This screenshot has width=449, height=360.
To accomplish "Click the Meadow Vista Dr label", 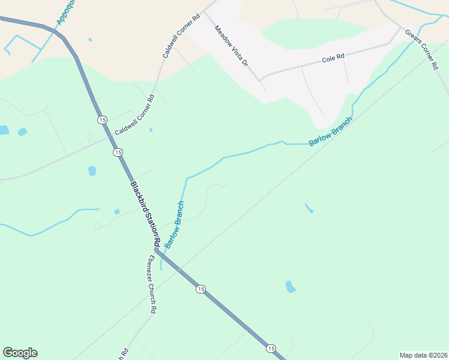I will [231, 45].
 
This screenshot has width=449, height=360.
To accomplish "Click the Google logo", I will [20, 353].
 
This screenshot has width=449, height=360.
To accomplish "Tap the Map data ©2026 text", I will [423, 355].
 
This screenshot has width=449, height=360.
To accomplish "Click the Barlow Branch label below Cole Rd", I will [330, 131].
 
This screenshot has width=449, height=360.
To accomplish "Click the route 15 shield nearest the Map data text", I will [271, 348].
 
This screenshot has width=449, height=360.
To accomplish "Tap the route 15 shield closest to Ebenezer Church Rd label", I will [200, 289].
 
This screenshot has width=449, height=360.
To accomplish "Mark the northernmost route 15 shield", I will [103, 120].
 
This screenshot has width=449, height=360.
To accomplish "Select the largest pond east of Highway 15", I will [291, 286].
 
